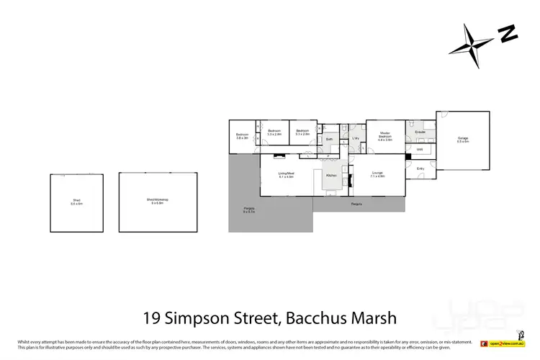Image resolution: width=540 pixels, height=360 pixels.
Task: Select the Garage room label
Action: [462, 140]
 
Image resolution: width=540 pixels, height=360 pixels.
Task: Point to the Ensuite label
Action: [420, 132]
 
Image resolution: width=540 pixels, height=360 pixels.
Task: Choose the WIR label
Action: [419, 150]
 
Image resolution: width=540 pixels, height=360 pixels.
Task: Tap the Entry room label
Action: [420, 168]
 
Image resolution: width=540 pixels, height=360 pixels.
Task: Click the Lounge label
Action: [377, 174]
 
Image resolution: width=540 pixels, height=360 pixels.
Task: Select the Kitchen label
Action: [331, 176]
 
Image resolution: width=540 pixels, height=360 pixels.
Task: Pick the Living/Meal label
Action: [287, 174]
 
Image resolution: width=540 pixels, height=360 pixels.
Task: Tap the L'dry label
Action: [355, 138]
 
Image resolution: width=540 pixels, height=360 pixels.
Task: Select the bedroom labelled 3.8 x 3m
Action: [242, 136]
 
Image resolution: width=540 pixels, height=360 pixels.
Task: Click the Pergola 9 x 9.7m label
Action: [249, 211]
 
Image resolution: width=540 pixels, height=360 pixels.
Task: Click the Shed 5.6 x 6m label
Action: [77, 202]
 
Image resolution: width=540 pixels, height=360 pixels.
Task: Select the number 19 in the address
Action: [151, 318]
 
